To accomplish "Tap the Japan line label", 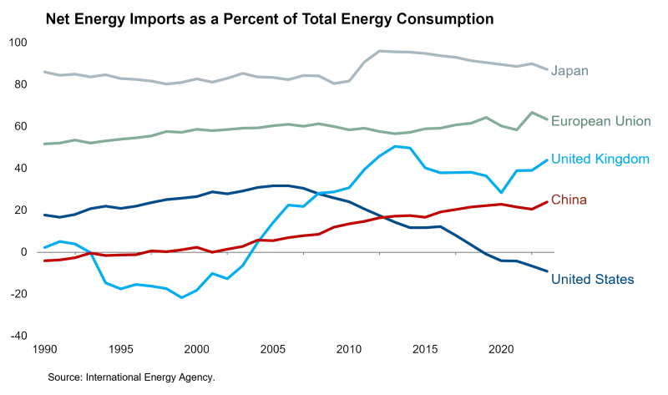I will tap(570, 71).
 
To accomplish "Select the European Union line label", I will tap(601, 121).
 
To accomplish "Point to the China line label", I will tap(569, 200).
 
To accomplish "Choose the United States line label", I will tap(593, 279).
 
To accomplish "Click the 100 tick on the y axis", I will tap(18, 43).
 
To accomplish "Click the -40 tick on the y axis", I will tap(18, 336).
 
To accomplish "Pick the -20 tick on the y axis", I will tap(18, 294).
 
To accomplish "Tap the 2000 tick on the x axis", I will tap(196, 349).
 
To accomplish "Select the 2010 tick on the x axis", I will tap(348, 349).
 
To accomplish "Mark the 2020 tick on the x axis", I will tap(501, 349).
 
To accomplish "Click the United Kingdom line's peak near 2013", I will tap(395, 146).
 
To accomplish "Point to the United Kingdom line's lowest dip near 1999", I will tap(181, 297).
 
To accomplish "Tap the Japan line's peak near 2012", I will tap(380, 51).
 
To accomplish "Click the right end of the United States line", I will tap(547, 271).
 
